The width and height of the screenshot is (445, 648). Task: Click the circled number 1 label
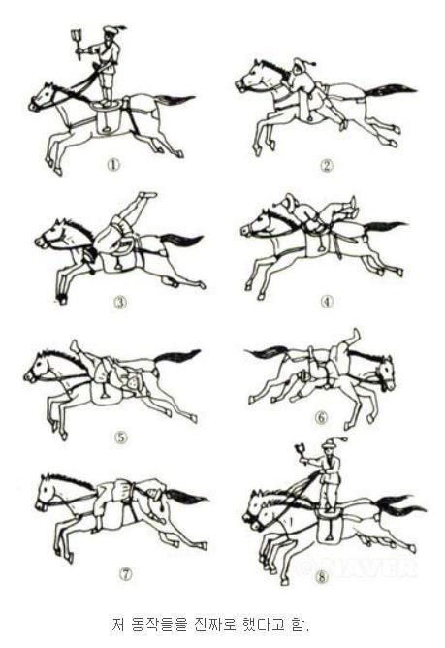point(113,165)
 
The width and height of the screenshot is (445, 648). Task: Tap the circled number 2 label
point(327,166)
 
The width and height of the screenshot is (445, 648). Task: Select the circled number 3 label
point(120,303)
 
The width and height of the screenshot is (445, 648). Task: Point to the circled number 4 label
point(327,302)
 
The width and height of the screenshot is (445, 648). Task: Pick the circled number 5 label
point(120,437)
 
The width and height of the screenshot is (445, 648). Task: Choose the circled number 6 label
point(321,418)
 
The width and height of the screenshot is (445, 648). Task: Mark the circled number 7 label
point(126,573)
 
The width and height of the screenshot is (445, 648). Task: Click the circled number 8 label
point(322,577)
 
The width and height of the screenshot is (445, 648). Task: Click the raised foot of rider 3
point(147,194)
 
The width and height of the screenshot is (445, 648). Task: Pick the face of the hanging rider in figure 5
point(133,384)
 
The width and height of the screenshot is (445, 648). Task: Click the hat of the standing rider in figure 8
point(334,441)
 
